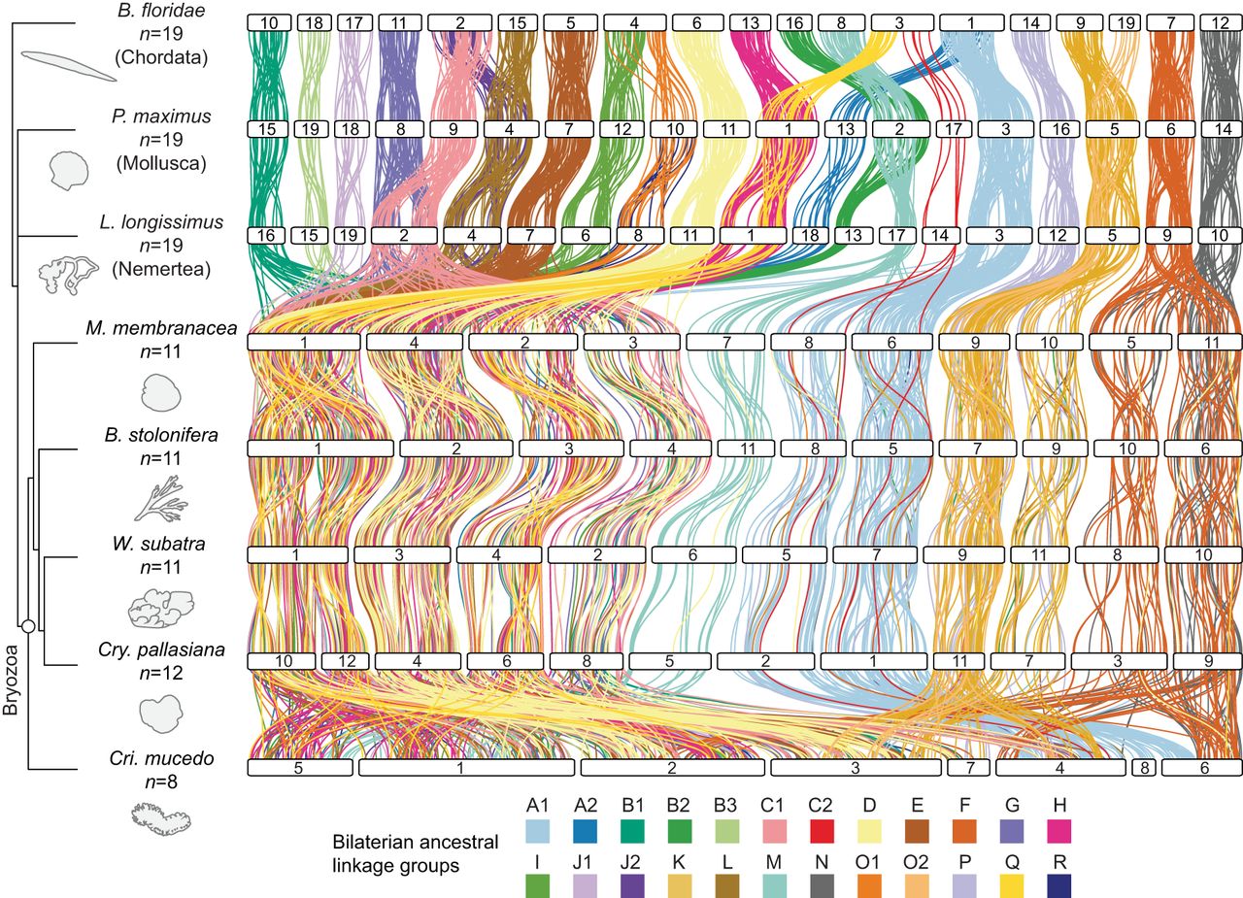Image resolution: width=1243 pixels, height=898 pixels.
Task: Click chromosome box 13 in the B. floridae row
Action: click(x=751, y=22)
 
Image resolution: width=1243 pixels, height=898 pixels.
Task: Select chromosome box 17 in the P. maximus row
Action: click(x=953, y=129)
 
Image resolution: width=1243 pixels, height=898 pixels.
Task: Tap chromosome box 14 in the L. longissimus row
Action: click(x=940, y=235)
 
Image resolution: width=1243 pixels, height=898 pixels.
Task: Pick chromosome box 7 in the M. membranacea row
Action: click(x=725, y=343)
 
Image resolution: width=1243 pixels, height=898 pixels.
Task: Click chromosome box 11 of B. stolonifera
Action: click(x=747, y=449)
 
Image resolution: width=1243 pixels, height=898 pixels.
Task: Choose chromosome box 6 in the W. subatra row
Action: click(x=692, y=554)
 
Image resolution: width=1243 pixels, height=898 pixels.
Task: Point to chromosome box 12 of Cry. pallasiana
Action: click(x=347, y=660)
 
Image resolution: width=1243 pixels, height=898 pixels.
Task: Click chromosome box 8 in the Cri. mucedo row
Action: click(x=1144, y=768)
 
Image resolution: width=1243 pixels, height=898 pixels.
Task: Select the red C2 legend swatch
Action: click(x=821, y=831)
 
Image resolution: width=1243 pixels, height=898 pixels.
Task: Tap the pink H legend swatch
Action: click(x=1059, y=831)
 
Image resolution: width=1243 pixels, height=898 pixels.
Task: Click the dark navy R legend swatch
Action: click(x=1059, y=885)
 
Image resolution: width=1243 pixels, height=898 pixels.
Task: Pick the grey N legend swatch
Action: click(x=822, y=885)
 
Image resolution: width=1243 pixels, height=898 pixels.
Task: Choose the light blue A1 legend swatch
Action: click(x=537, y=831)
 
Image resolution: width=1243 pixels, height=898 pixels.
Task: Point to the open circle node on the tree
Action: click(x=28, y=627)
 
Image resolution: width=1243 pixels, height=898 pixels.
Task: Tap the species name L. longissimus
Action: click(x=161, y=222)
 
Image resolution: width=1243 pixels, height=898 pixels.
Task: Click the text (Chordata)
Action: click(x=161, y=57)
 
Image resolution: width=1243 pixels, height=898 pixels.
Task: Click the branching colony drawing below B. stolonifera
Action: click(x=161, y=499)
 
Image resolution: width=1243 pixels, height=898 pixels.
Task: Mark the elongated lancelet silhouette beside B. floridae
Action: click(x=69, y=65)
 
